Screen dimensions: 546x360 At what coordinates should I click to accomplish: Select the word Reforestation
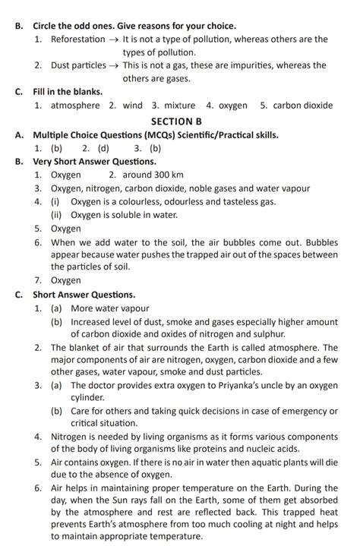tap(78, 39)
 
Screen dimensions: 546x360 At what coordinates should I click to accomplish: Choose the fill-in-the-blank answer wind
tap(132, 106)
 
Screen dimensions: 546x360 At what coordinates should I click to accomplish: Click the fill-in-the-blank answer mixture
tap(177, 106)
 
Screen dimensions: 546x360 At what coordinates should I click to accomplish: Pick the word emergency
tap(307, 412)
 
